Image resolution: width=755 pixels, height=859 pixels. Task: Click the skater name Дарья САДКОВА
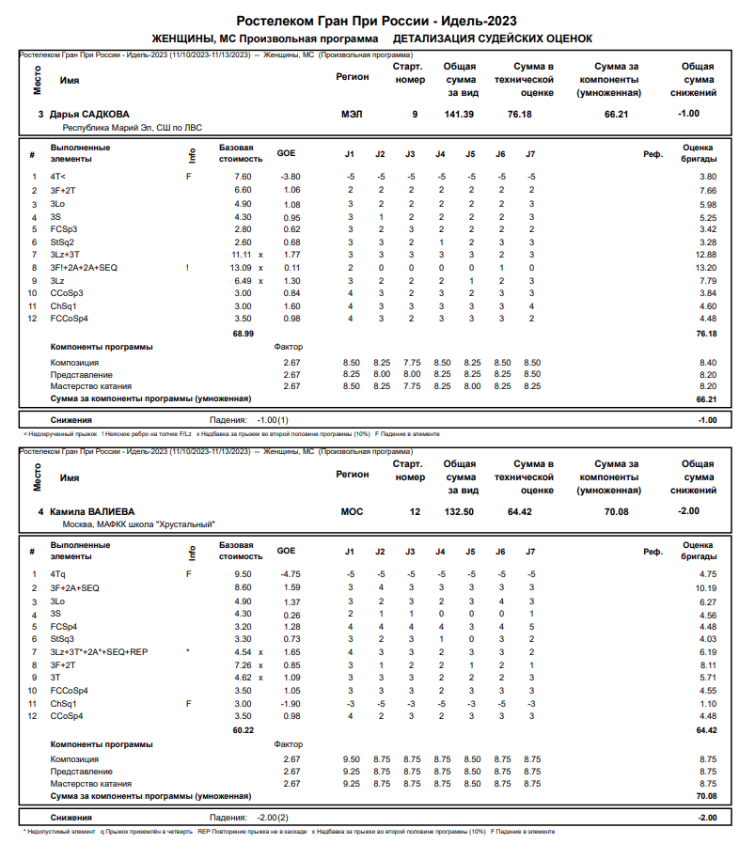pyautogui.click(x=89, y=114)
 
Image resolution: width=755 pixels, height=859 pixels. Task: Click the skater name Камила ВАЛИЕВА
pyautogui.click(x=92, y=512)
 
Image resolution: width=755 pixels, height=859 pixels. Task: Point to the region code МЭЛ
pyautogui.click(x=351, y=114)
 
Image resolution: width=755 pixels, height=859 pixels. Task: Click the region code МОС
pyautogui.click(x=351, y=512)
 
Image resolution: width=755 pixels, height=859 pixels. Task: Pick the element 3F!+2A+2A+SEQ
pyautogui.click(x=84, y=268)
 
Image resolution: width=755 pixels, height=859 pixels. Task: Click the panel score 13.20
pyautogui.click(x=706, y=268)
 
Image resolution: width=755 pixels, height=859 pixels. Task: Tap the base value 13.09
pyautogui.click(x=242, y=268)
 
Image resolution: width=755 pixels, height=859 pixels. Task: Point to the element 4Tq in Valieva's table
pyautogui.click(x=58, y=573)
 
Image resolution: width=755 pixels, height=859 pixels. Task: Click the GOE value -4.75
pyautogui.click(x=289, y=573)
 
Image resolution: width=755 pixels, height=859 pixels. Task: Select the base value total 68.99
pyautogui.click(x=243, y=334)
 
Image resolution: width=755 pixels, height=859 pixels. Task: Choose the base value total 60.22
pyautogui.click(x=243, y=730)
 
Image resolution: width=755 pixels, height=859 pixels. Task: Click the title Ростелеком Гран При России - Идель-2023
pyautogui.click(x=376, y=21)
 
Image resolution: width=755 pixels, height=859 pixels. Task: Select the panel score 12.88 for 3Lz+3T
pyautogui.click(x=706, y=255)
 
